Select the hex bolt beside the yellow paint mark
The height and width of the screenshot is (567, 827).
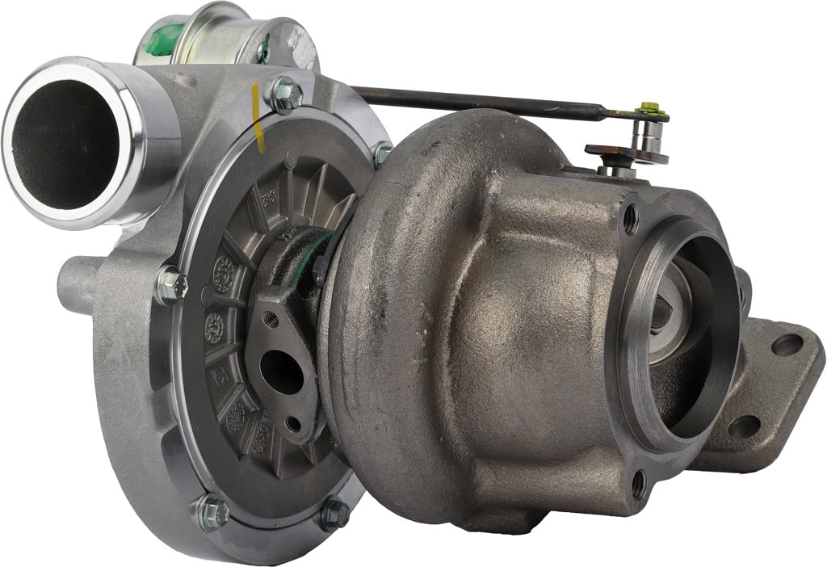(286, 94)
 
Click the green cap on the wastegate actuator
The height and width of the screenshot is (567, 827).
(165, 40)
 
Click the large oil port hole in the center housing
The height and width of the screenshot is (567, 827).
(280, 372)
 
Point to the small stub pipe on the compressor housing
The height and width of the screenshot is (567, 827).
(78, 283)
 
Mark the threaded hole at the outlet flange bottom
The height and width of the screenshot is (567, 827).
(638, 484)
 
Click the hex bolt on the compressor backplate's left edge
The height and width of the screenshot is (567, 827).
(171, 284)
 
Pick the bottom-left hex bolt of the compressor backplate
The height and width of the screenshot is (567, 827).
(212, 510)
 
